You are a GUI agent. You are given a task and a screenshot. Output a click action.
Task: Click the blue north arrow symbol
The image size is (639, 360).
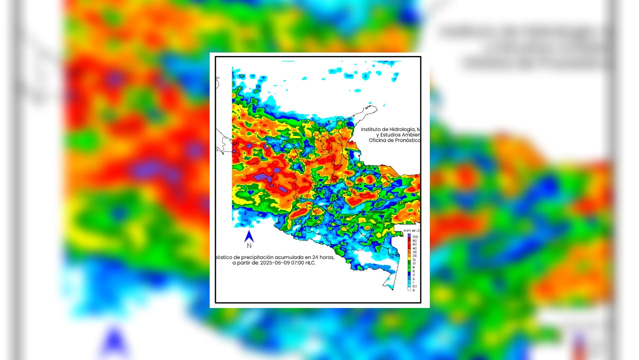(249, 236)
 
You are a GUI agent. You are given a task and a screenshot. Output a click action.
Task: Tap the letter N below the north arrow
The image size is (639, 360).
(249, 245)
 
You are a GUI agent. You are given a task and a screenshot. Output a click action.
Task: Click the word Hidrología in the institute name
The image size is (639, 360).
(402, 129)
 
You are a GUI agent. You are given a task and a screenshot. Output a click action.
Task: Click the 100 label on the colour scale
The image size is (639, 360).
(415, 236)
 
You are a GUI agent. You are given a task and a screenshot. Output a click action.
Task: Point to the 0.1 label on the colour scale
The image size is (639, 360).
(414, 286)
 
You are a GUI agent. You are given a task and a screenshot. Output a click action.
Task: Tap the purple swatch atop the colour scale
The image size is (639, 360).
(409, 235)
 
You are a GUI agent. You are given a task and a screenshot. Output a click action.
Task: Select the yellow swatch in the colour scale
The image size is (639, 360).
(409, 255)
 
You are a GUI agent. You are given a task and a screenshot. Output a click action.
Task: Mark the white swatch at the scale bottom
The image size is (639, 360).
(409, 289)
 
